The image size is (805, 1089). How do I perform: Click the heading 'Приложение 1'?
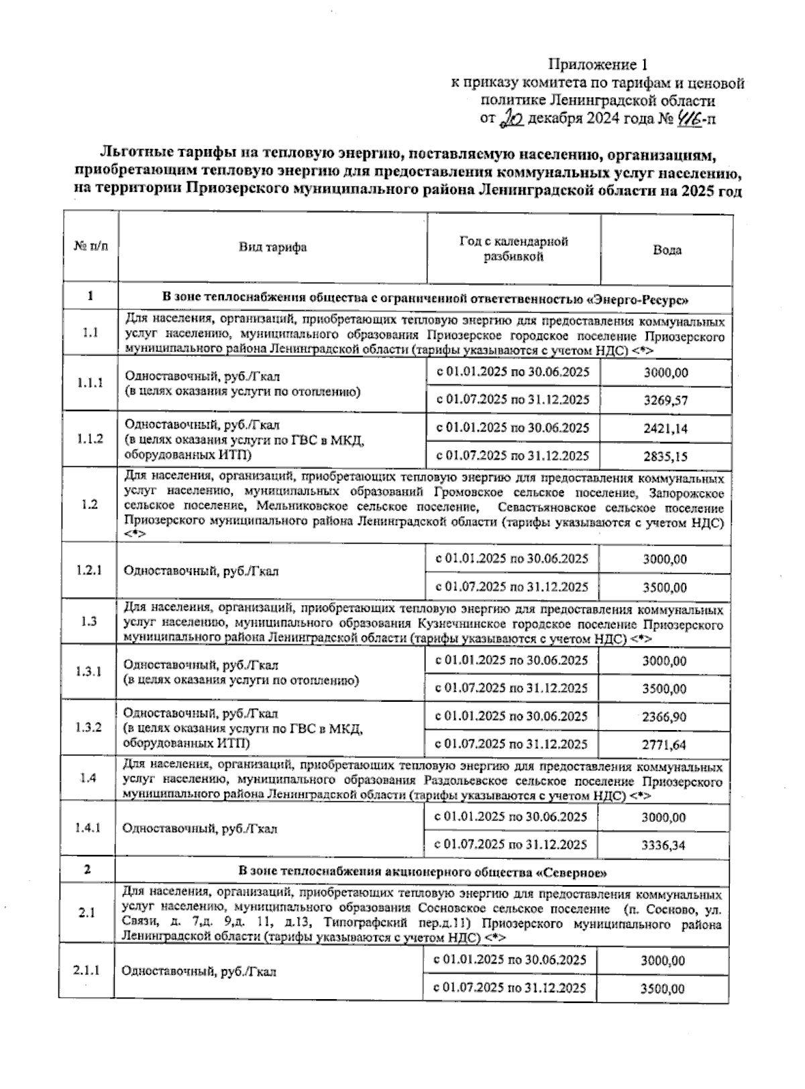point(599,65)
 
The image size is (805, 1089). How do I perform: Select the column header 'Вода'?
point(667,250)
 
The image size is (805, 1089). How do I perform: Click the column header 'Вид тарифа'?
point(273,247)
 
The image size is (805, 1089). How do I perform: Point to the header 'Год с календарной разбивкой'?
point(513,248)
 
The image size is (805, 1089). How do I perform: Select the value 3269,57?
point(665,401)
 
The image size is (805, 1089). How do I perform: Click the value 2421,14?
point(665,429)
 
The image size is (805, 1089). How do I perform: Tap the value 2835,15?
point(665,457)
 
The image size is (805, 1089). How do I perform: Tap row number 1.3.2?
point(89,728)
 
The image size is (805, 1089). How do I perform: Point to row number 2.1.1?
point(87,970)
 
